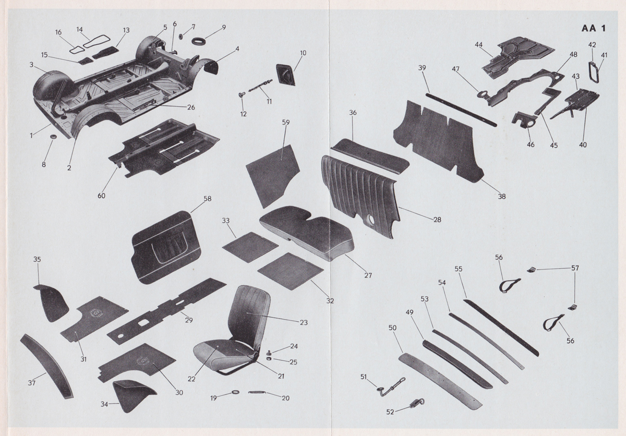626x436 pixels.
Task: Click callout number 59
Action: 285,123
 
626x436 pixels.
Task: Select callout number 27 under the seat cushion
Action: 368,275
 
